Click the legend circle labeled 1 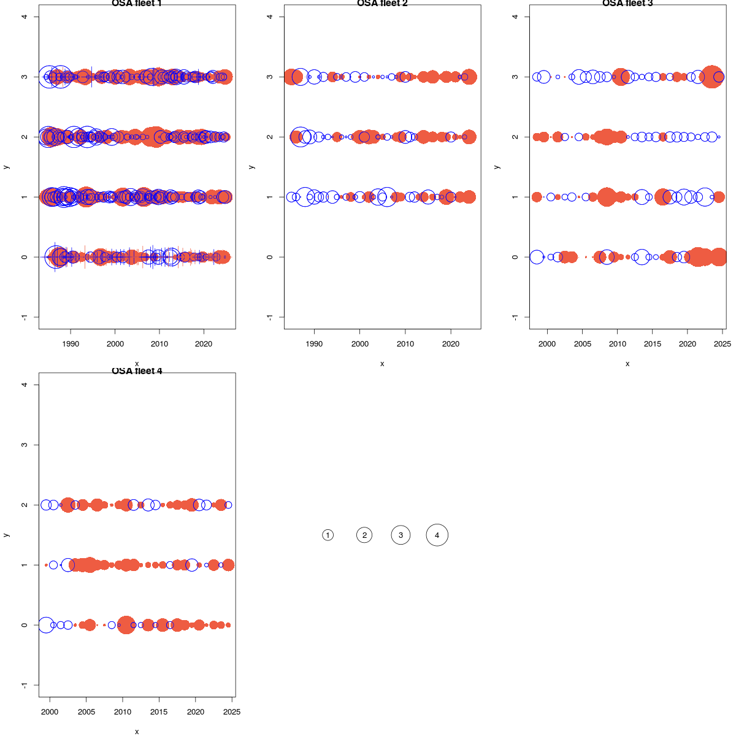328,535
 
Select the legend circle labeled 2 364,535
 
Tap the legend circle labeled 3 401,535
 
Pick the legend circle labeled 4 437,535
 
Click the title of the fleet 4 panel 137,371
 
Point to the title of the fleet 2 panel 382,4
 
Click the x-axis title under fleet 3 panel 627,364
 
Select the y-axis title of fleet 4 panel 6,535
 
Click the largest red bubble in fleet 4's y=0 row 126,625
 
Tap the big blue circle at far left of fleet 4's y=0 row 46,625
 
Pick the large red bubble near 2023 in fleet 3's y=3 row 711,77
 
